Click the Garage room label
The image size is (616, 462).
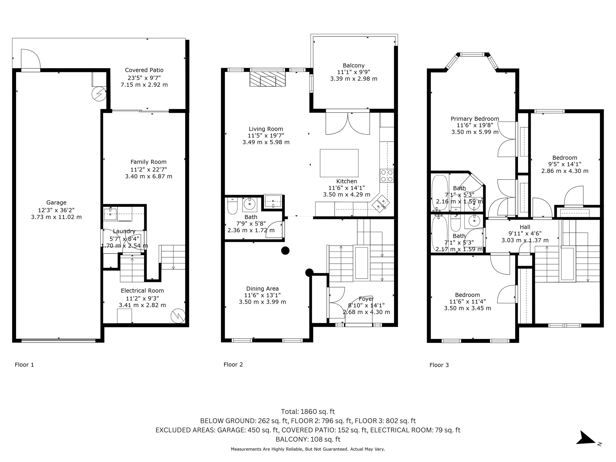[x=56, y=203]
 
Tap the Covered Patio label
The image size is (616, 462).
[x=144, y=70]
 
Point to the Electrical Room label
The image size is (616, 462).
[x=142, y=291]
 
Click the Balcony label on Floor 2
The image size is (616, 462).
[x=354, y=66]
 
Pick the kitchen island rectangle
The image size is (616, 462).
[x=339, y=163]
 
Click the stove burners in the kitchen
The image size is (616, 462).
[x=387, y=176]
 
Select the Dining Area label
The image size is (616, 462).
[x=262, y=289]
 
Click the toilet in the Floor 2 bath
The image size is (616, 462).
[x=232, y=206]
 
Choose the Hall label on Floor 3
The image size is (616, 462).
[x=525, y=227]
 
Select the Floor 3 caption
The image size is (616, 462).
[x=439, y=365]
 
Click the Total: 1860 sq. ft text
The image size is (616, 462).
[x=308, y=411]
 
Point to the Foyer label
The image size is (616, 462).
[x=366, y=299]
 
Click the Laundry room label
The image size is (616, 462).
[x=124, y=231]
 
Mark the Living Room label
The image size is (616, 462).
[x=266, y=129]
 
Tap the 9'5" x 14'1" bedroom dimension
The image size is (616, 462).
[x=565, y=164]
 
